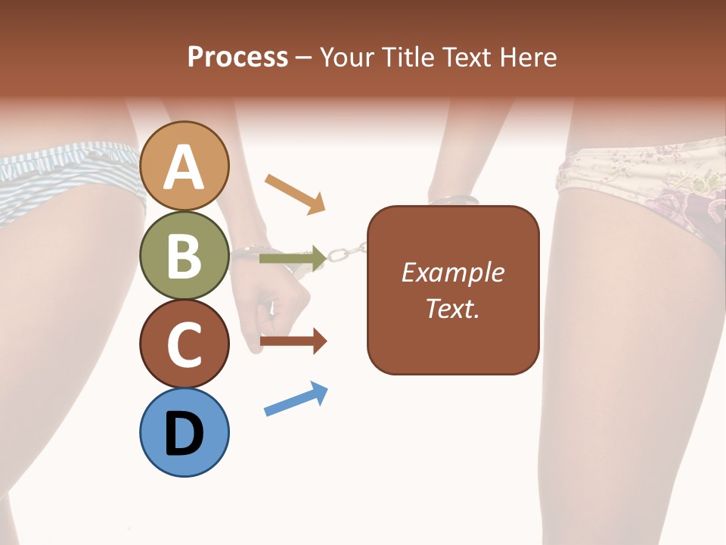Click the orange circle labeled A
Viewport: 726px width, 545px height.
(185, 166)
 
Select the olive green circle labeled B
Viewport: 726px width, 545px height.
(185, 255)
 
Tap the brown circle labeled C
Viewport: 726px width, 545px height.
(185, 344)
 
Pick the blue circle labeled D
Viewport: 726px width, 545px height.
(185, 432)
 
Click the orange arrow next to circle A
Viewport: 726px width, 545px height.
(296, 194)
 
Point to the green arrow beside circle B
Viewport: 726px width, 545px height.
(293, 259)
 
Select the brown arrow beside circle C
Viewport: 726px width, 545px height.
(293, 341)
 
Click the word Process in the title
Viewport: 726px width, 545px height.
(237, 57)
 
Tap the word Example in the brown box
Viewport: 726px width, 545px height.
(452, 272)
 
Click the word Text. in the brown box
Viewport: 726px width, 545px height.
(452, 308)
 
